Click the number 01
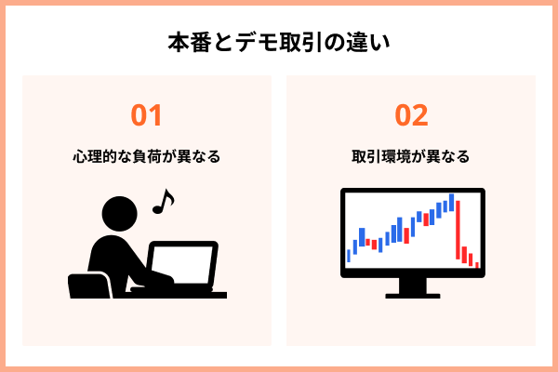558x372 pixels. [147, 115]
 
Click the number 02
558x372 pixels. [411, 115]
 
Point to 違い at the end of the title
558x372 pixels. [367, 43]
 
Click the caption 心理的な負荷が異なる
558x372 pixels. [147, 156]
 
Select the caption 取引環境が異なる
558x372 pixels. [411, 156]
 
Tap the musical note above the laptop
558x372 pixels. [163, 200]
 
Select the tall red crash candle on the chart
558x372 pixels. [458, 229]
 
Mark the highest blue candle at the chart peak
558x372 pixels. [451, 202]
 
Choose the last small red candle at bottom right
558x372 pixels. [476, 264]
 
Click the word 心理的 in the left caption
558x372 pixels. [98, 156]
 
